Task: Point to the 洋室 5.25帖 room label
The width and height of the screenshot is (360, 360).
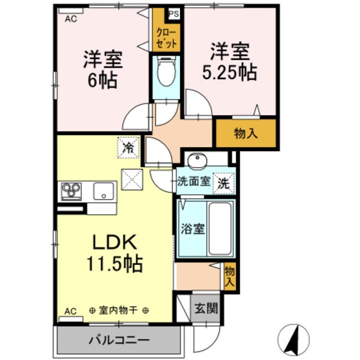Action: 230,61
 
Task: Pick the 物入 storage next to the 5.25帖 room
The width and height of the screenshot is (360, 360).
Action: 246,134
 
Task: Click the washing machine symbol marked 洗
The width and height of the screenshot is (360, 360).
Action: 223,182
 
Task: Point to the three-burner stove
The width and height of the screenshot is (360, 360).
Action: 71,191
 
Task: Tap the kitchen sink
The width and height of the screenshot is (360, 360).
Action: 103,191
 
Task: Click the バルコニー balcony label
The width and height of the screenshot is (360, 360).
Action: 119,339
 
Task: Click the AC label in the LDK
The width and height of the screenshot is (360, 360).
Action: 70,311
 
